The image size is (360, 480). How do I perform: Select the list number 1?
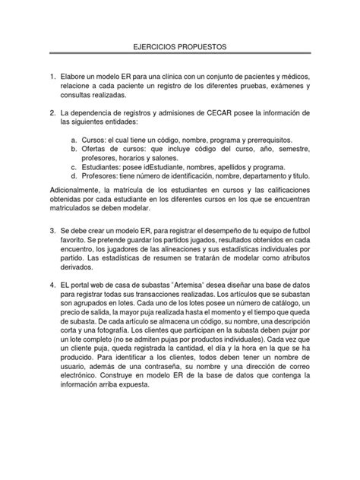click(52, 78)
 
